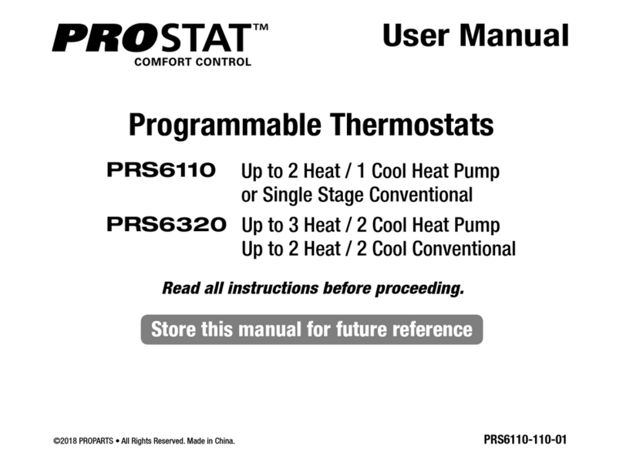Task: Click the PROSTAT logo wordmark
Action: click(x=150, y=37)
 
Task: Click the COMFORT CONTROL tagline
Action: click(x=192, y=62)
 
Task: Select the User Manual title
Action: click(x=475, y=35)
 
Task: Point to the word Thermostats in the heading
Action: click(x=411, y=124)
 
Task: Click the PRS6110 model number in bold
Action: click(x=160, y=169)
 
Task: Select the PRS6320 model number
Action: click(x=166, y=225)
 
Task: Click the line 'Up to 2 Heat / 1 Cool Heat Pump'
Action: click(x=370, y=171)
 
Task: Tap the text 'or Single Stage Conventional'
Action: click(x=357, y=195)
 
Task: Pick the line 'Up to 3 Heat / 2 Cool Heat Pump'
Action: click(x=370, y=226)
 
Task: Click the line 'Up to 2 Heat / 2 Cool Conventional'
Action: click(x=379, y=250)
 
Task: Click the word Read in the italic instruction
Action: click(x=178, y=289)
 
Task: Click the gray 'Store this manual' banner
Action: click(x=311, y=330)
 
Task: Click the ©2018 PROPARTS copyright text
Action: click(x=85, y=441)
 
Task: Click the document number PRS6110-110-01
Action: click(x=524, y=440)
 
